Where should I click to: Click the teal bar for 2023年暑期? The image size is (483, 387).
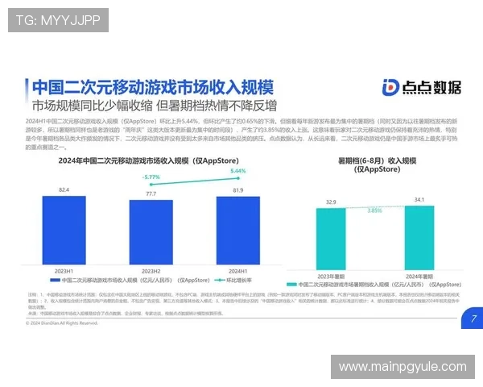330,240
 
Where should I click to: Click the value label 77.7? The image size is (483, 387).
151,194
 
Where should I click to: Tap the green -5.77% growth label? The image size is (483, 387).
151,177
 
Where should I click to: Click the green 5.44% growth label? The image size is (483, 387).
237,171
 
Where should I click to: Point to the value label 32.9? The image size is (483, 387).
330,202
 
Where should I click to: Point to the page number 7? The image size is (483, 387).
473,318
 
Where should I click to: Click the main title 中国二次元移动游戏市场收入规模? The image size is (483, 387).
151,87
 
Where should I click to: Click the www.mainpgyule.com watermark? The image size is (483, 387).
402,367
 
